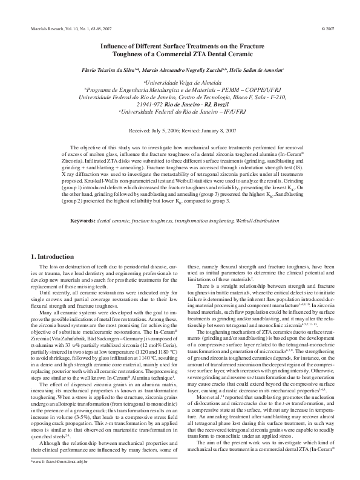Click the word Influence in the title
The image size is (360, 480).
(x=116, y=45)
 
